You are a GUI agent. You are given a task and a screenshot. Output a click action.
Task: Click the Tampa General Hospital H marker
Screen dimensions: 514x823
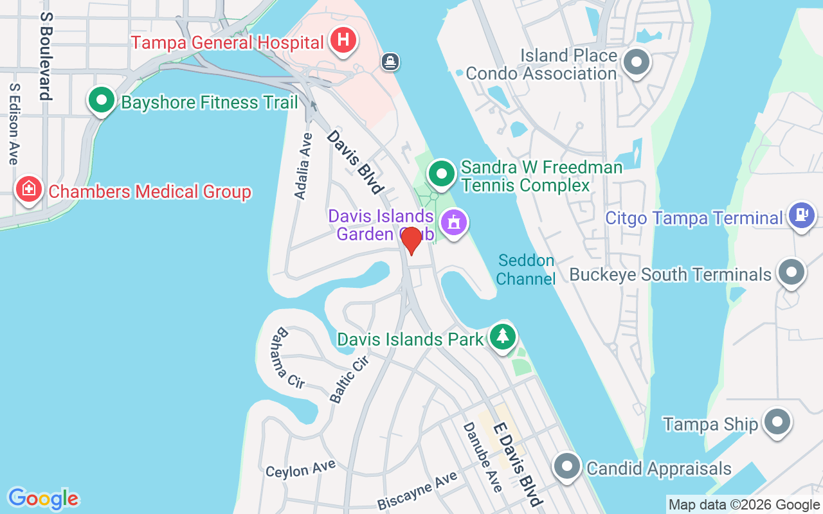pyautogui.click(x=343, y=40)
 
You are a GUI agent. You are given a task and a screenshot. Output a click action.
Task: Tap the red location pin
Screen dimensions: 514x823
pyautogui.click(x=411, y=240)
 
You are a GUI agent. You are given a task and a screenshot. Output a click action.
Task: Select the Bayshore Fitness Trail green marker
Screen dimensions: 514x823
pyautogui.click(x=102, y=101)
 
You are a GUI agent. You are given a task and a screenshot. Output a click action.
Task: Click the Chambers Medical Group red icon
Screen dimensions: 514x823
pyautogui.click(x=29, y=190)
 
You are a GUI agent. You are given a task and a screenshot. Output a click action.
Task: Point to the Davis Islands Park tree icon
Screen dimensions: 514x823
pyautogui.click(x=503, y=336)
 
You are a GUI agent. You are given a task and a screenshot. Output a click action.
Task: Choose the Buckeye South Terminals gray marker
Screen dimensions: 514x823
pyautogui.click(x=791, y=272)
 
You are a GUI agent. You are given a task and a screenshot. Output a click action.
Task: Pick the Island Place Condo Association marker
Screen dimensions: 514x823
pyautogui.click(x=637, y=62)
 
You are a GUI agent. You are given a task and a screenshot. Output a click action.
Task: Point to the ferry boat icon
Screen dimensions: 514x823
pyautogui.click(x=390, y=62)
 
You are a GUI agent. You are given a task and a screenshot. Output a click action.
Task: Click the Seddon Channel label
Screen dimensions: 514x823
pyautogui.click(x=526, y=270)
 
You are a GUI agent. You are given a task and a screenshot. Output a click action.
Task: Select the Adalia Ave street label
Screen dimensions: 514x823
pyautogui.click(x=303, y=166)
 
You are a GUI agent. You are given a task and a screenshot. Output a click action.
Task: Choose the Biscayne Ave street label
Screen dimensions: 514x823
pyautogui.click(x=417, y=490)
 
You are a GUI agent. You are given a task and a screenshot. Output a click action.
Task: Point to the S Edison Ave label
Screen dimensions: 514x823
pyautogui.click(x=13, y=123)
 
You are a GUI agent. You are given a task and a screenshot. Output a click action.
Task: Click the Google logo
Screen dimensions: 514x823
pyautogui.click(x=43, y=499)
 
